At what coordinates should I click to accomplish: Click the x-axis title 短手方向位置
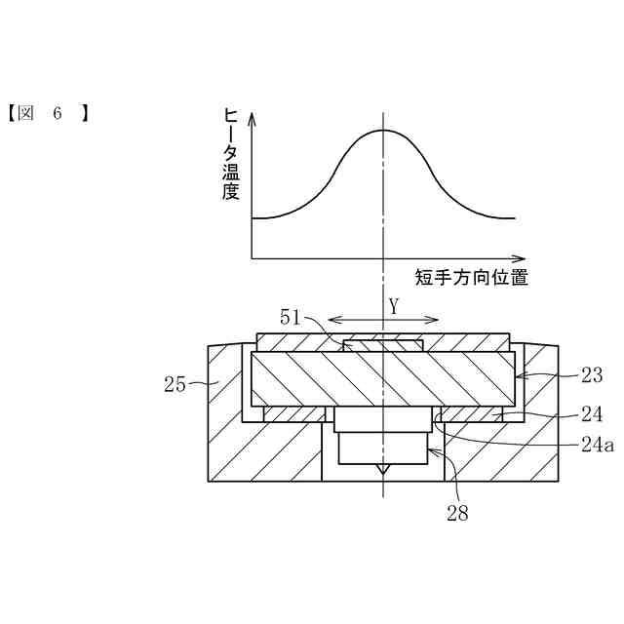tap(472, 277)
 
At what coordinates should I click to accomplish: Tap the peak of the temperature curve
tap(383, 130)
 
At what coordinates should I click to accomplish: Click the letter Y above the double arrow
tap(394, 305)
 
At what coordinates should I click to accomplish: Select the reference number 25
tap(175, 384)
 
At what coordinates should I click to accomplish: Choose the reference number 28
tap(456, 514)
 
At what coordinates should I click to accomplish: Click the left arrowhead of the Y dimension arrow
tap(331, 319)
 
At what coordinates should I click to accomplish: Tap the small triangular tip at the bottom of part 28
tap(383, 470)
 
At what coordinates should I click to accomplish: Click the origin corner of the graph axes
tap(252, 258)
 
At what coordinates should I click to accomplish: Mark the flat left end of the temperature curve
tap(255, 217)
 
